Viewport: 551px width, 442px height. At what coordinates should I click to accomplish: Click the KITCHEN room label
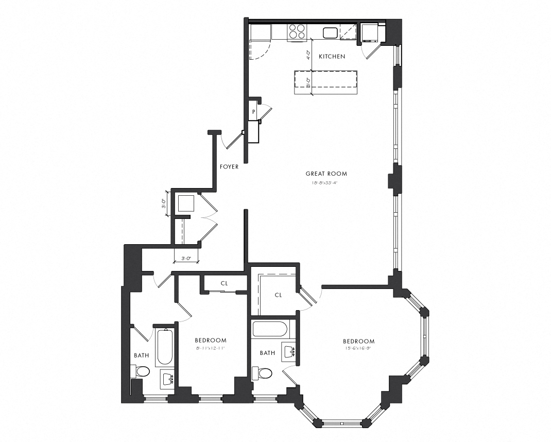pos(332,56)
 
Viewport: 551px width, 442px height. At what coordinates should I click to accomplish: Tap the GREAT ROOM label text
pos(326,174)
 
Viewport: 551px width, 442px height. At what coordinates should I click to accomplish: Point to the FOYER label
pos(229,166)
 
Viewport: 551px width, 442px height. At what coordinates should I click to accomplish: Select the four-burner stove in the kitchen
pos(297,32)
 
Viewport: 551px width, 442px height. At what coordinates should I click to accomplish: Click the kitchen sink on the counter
pos(330,33)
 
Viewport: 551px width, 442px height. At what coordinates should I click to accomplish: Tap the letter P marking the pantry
pos(254,112)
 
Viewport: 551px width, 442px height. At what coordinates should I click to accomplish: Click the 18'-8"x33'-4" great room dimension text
pos(326,182)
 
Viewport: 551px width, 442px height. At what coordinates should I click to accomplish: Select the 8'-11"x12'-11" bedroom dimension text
pos(210,349)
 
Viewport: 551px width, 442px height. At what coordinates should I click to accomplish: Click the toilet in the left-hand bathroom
pos(141,371)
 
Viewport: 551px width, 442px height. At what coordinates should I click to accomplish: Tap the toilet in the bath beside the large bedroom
pos(265,372)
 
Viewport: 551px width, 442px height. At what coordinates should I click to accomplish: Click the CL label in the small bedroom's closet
pos(224,283)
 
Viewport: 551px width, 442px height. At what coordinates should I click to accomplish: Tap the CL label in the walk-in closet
pos(279,295)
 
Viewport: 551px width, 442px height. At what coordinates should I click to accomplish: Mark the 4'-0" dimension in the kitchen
pos(308,55)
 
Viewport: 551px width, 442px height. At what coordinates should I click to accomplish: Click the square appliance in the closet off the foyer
pos(185,204)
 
